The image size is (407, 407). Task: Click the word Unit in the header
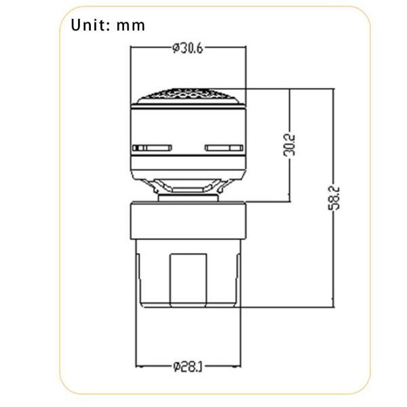pyautogui.click(x=87, y=25)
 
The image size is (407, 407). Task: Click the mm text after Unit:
pyautogui.click(x=130, y=26)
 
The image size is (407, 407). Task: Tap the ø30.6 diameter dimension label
pyautogui.click(x=187, y=48)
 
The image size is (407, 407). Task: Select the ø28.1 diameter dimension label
pyautogui.click(x=187, y=366)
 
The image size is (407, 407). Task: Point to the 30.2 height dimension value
pyautogui.click(x=289, y=145)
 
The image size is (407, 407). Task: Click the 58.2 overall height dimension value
pyautogui.click(x=334, y=198)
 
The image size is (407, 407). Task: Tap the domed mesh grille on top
pyautogui.click(x=187, y=96)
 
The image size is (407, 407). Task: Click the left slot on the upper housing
pyautogui.click(x=152, y=148)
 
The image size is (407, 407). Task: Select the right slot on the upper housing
pyautogui.click(x=224, y=148)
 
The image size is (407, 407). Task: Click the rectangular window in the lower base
pyautogui.click(x=188, y=280)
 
